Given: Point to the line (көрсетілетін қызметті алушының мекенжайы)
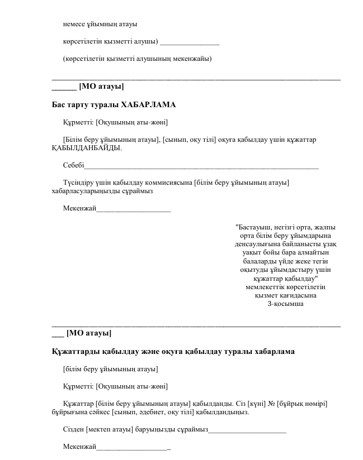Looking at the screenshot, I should [137, 58].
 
